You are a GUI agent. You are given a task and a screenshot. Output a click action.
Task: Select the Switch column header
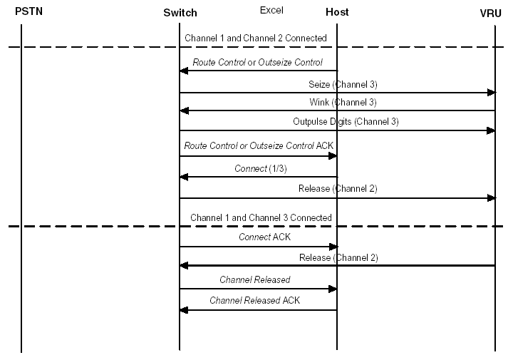click(180, 13)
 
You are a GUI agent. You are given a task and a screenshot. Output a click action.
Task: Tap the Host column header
click(337, 13)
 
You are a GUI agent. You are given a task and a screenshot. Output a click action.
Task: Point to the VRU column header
click(491, 13)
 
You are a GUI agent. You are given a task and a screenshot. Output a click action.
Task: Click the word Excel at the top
click(271, 11)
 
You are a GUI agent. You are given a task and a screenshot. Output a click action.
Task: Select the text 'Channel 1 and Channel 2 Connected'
click(256, 38)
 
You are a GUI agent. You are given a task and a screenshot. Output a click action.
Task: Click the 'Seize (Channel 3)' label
click(343, 84)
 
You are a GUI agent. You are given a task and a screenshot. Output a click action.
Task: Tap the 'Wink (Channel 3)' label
click(343, 103)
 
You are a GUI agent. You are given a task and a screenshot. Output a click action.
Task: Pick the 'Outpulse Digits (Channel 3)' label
click(346, 122)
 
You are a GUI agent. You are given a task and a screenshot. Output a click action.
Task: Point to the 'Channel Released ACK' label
click(254, 301)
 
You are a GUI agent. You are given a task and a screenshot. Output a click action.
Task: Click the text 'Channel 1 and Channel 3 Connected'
click(261, 217)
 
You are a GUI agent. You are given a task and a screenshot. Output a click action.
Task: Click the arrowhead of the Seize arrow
click(491, 93)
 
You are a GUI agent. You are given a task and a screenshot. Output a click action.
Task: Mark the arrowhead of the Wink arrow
click(184, 110)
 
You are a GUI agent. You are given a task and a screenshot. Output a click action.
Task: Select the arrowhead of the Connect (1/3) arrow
click(184, 177)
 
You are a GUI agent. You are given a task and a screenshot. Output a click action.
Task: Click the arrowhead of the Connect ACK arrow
click(333, 247)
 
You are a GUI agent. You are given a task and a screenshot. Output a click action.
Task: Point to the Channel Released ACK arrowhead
click(184, 310)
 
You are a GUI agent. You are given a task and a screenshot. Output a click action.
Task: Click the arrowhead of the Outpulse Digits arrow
click(491, 130)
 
